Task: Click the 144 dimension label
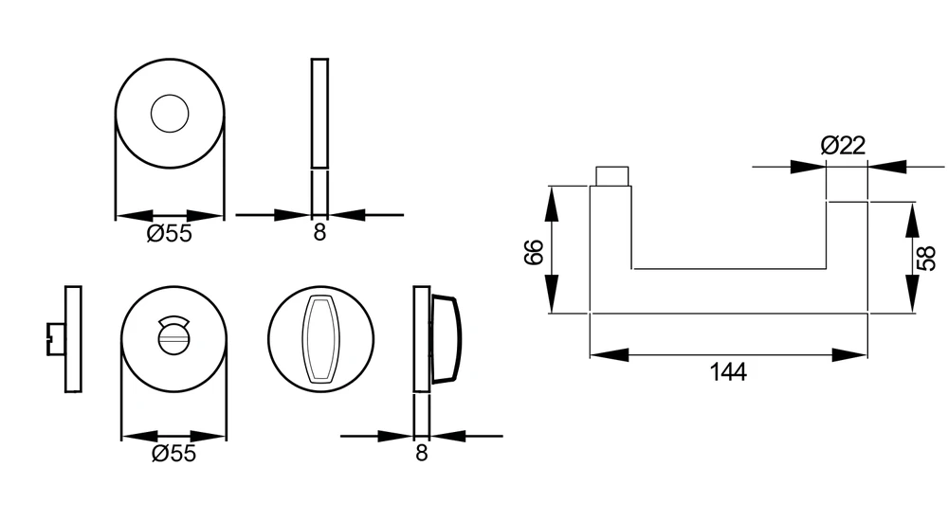pyautogui.click(x=728, y=371)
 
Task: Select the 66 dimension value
pyautogui.click(x=534, y=252)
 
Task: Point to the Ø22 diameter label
pyautogui.click(x=844, y=145)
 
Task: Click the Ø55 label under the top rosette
pyautogui.click(x=170, y=233)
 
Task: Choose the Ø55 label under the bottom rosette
pyautogui.click(x=174, y=454)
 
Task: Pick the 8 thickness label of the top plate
pyautogui.click(x=319, y=231)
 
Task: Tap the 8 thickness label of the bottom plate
pyautogui.click(x=422, y=453)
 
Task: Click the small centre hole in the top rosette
pyautogui.click(x=170, y=113)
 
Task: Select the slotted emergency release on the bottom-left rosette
pyautogui.click(x=173, y=334)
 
